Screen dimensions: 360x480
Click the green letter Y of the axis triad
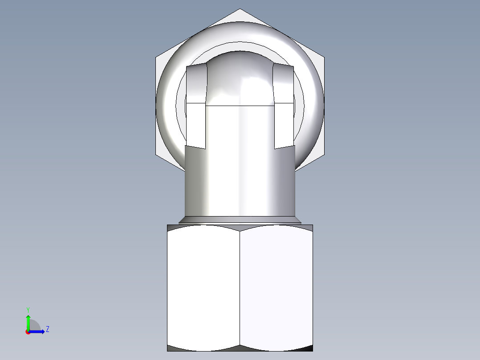pyautogui.click(x=28, y=309)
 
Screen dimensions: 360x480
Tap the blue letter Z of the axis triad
pyautogui.click(x=47, y=329)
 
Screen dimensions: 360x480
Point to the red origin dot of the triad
pyautogui.click(x=28, y=331)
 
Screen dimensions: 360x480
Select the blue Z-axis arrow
pyautogui.click(x=39, y=331)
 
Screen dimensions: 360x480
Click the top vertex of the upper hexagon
pyautogui.click(x=240, y=9)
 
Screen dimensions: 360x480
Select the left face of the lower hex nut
pyautogui.click(x=203, y=287)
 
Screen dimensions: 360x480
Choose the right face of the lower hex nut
pyautogui.click(x=276, y=287)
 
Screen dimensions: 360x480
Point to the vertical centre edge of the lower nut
pyautogui.click(x=240, y=287)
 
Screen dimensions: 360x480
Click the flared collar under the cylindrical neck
pyautogui.click(x=240, y=220)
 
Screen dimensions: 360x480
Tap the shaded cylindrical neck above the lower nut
pyautogui.click(x=240, y=183)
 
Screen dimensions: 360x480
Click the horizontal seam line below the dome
pyautogui.click(x=240, y=105)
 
